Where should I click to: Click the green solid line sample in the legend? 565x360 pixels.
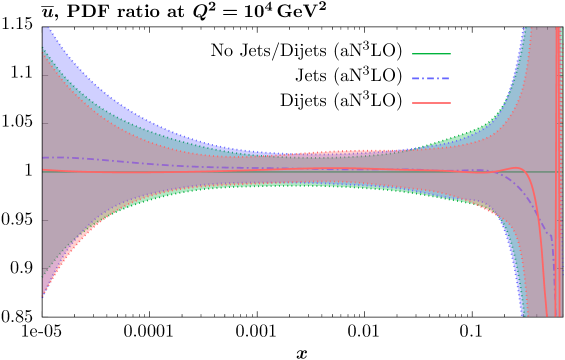[431, 54]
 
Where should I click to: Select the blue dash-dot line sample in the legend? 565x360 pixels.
[431, 78]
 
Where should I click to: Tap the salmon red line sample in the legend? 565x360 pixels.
[431, 103]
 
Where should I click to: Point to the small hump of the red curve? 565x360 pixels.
[516, 168]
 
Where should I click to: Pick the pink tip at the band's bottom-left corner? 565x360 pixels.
[44, 289]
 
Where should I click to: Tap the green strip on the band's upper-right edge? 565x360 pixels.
[470, 134]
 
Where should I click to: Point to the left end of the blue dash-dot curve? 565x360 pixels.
[45, 156]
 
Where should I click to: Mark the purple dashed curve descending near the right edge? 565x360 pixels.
[535, 205]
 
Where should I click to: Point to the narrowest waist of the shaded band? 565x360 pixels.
[290, 168]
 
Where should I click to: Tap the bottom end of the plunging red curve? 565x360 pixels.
[547, 312]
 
